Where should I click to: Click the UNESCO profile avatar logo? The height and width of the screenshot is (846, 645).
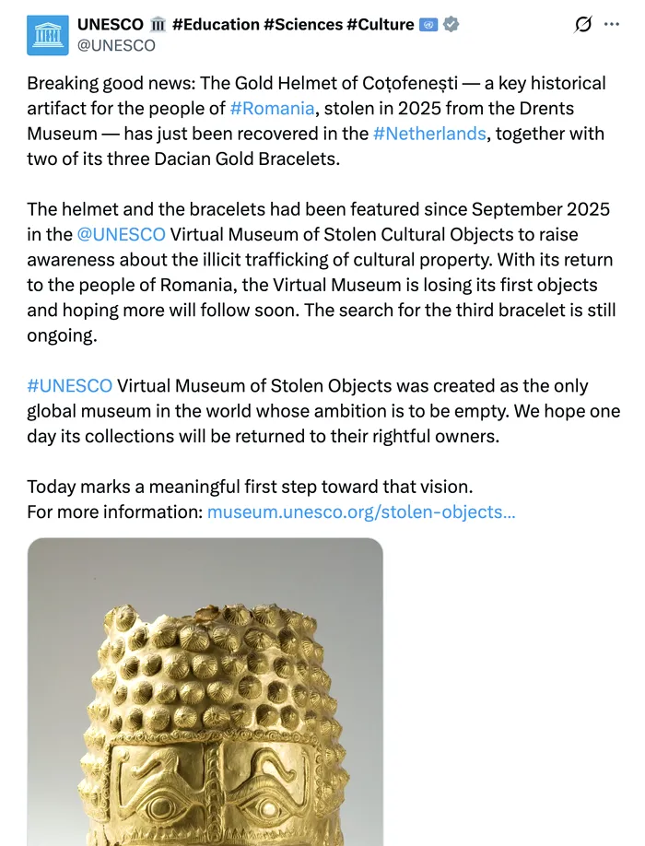click(x=48, y=34)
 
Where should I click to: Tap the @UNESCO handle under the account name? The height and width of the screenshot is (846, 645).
click(x=116, y=45)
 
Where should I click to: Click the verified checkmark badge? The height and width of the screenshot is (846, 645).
click(x=451, y=25)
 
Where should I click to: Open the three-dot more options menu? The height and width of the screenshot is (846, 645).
click(x=611, y=25)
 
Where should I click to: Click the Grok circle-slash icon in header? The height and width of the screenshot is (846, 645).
click(x=582, y=25)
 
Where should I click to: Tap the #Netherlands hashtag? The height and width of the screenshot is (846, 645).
click(x=429, y=134)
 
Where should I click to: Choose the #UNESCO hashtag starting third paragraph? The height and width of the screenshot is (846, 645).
click(x=69, y=386)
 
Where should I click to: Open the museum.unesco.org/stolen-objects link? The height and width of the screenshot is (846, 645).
click(x=361, y=511)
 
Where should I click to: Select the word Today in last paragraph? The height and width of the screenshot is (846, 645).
click(x=50, y=487)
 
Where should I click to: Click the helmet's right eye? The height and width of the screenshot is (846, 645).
click(x=269, y=807)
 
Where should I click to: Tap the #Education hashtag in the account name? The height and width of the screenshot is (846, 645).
click(x=215, y=25)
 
